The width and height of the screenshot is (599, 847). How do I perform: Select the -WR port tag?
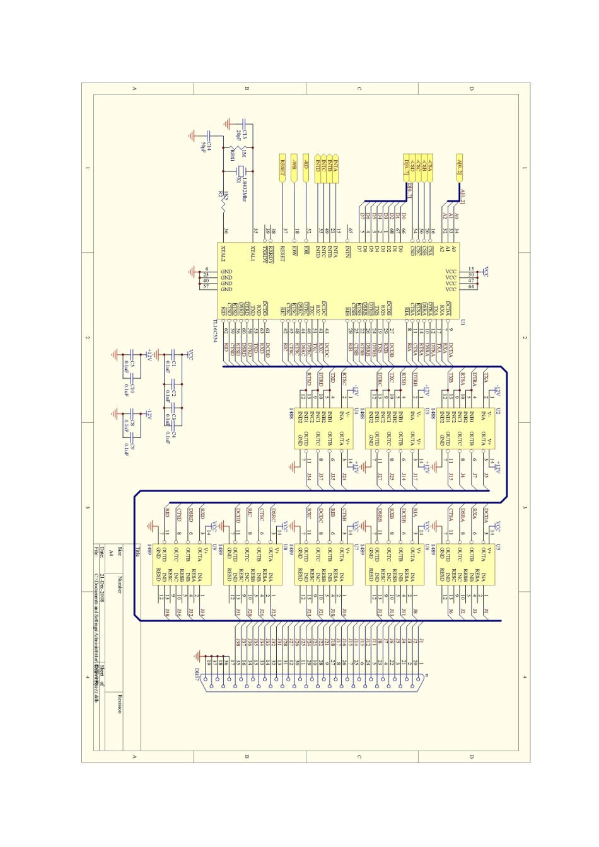[x=294, y=167]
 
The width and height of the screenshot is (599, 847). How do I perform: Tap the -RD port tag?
[x=306, y=167]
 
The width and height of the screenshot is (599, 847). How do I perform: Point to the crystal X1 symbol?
[x=239, y=170]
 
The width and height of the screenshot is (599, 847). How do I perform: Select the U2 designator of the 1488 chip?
[x=497, y=411]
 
